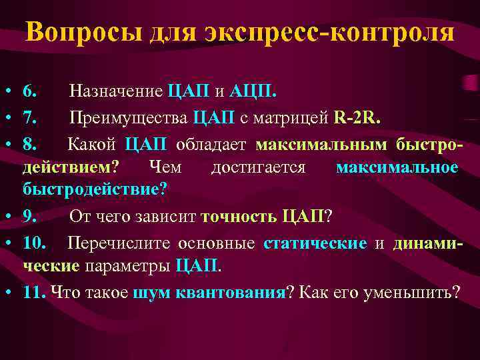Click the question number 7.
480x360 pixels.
pos(31,118)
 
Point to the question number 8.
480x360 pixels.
pos(31,143)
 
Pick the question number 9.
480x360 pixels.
pos(31,215)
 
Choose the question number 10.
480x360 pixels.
pos(35,243)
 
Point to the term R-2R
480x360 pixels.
pos(357,118)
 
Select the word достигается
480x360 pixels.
pos(257,167)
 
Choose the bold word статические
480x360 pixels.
pos(315,243)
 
